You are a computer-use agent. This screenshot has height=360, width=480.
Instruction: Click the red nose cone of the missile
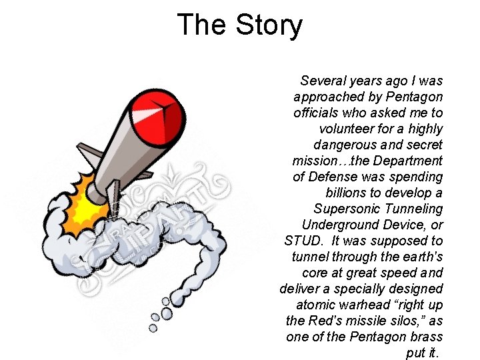(158, 114)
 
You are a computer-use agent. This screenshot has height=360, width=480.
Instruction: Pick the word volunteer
(350, 129)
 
